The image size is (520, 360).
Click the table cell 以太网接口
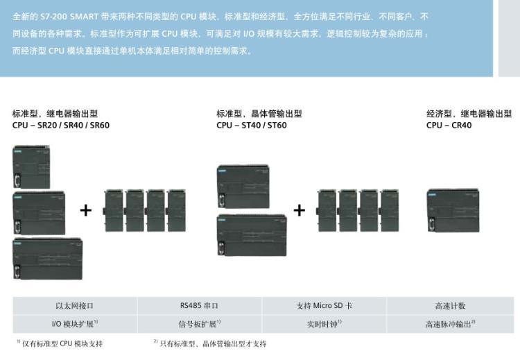coord(75,305)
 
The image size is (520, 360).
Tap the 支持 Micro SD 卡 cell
coord(324,305)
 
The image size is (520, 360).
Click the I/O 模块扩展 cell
coord(75,323)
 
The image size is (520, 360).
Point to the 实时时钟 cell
coord(324,323)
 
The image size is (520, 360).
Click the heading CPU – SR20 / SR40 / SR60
coord(61,126)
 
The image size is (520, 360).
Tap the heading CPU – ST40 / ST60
coord(251,126)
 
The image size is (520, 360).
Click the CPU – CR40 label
coord(449,126)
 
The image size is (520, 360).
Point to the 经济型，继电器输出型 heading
coord(469,114)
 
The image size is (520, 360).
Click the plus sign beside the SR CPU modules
coord(86,209)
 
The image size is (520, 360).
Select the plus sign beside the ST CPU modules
coord(299,209)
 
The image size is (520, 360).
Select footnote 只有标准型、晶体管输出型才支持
coord(211,343)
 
